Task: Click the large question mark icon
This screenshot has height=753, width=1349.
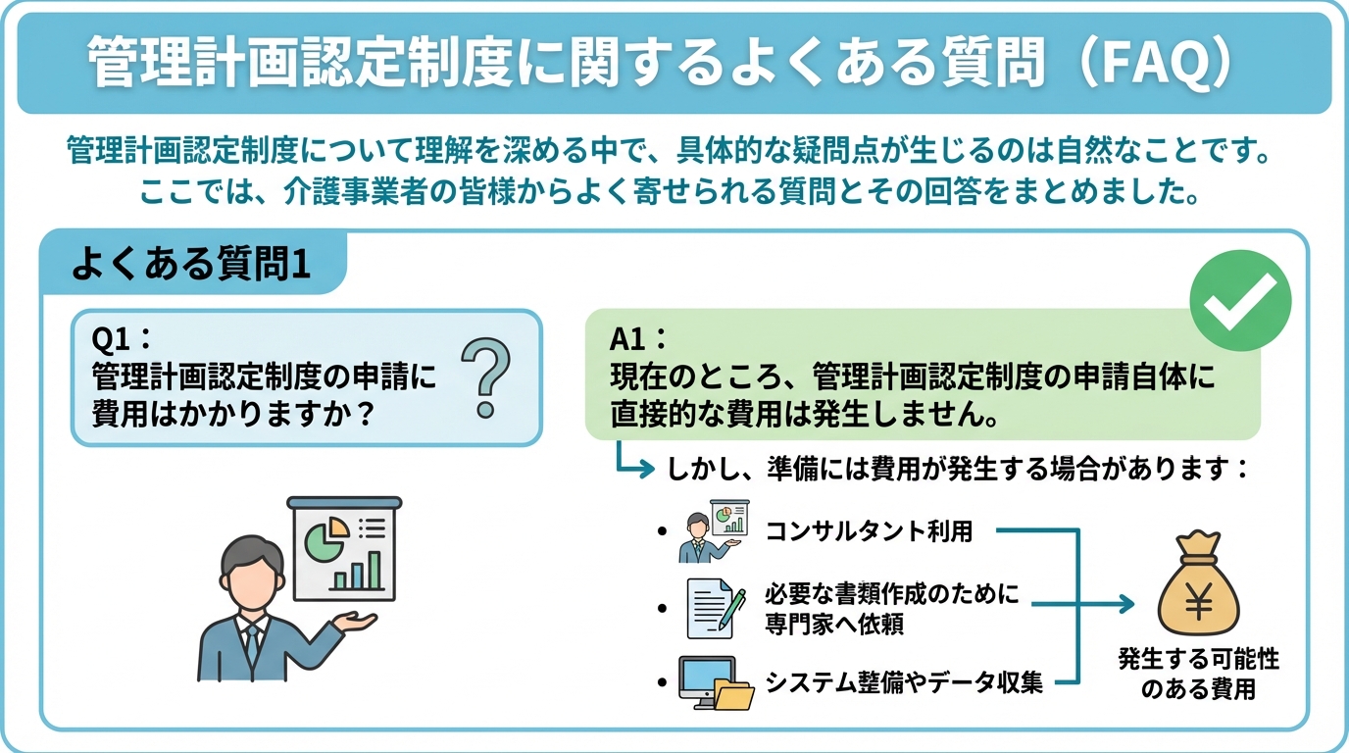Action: click(x=486, y=378)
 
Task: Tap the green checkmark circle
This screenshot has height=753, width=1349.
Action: click(x=1239, y=301)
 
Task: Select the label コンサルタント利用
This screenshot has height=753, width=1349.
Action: click(x=869, y=531)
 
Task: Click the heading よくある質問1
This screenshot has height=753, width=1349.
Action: click(x=191, y=265)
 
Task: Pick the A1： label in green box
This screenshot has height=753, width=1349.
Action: click(x=638, y=338)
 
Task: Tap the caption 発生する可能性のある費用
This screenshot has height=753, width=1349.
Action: click(x=1198, y=675)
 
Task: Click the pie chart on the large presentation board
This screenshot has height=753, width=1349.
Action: click(x=325, y=537)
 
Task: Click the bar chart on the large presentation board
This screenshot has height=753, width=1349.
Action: click(x=357, y=571)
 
